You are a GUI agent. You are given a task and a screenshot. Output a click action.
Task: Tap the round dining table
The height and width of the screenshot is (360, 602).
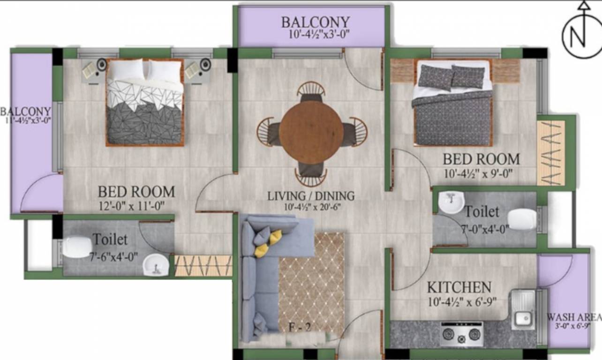[x=311, y=132]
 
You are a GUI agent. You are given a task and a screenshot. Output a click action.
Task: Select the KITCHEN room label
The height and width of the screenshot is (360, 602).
[x=459, y=287]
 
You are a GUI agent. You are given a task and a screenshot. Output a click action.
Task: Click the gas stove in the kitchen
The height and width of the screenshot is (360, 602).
[x=461, y=334]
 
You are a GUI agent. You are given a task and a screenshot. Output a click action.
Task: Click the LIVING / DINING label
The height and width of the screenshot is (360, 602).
[x=311, y=196]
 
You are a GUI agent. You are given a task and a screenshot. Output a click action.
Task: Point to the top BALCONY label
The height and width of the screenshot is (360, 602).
[x=315, y=22]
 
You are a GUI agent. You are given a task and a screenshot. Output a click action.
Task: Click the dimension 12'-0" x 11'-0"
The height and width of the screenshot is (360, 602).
[x=131, y=205]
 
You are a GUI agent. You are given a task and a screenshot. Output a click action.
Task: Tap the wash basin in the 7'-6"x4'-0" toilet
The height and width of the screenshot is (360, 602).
[x=155, y=265]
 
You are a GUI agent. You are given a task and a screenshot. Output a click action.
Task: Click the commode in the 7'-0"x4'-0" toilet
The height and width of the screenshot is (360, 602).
[x=522, y=219]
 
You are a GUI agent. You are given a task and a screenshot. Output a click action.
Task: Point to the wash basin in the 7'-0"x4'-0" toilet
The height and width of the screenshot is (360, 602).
[x=451, y=202]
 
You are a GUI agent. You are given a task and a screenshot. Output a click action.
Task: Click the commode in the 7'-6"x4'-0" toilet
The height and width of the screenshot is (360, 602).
[x=76, y=247]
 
